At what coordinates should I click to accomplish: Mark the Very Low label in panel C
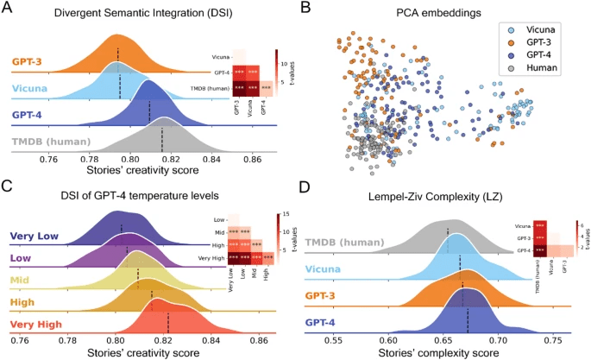pos(35,236)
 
